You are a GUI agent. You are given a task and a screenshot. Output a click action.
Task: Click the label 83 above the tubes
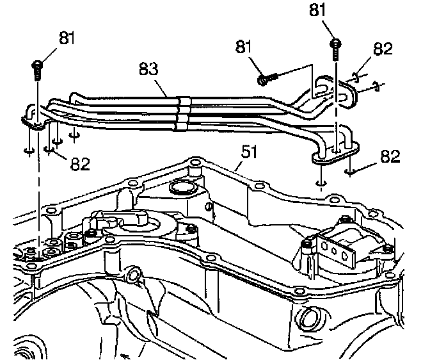coord(150,69)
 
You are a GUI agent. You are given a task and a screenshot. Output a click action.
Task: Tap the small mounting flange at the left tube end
coord(32,116)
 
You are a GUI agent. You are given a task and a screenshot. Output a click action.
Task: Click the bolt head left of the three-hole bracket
coord(308,244)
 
